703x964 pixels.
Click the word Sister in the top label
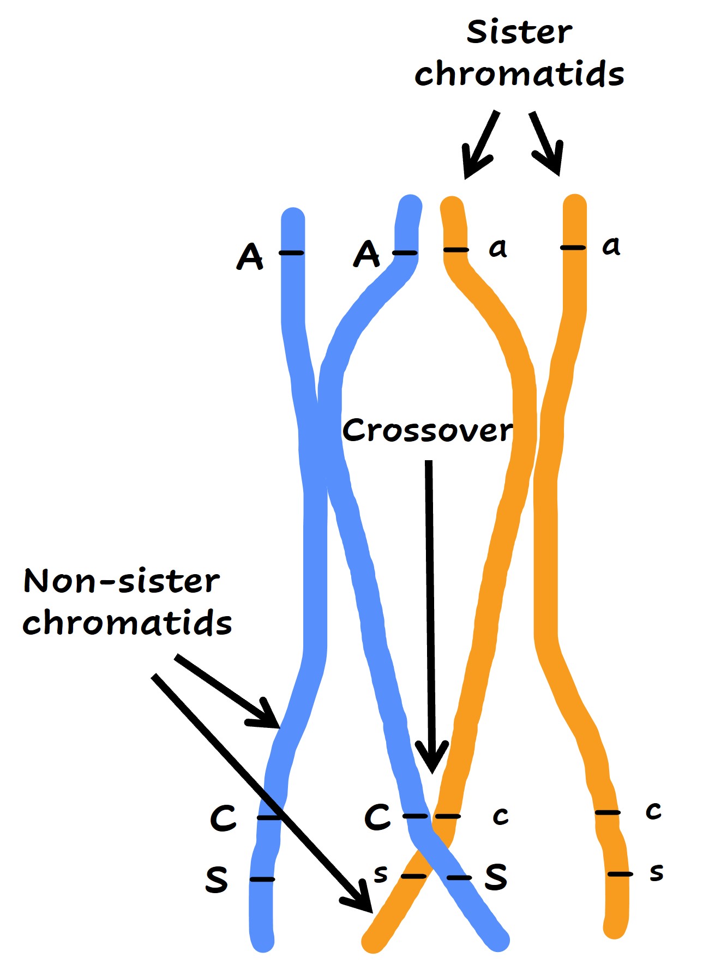(x=519, y=33)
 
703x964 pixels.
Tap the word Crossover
(x=428, y=431)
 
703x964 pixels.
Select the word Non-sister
(x=122, y=581)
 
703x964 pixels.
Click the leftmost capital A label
(x=250, y=256)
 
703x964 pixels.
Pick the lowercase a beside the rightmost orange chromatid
(x=611, y=246)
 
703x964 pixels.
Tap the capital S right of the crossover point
(x=496, y=877)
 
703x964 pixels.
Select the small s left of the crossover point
(x=381, y=874)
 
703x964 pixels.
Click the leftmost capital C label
(x=223, y=818)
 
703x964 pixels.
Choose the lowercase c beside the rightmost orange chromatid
(x=653, y=811)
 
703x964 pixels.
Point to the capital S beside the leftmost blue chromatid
(x=217, y=879)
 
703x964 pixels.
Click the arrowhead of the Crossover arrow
(x=432, y=763)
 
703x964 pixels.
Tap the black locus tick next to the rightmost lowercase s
(x=620, y=875)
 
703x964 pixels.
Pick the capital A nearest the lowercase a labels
(x=366, y=254)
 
